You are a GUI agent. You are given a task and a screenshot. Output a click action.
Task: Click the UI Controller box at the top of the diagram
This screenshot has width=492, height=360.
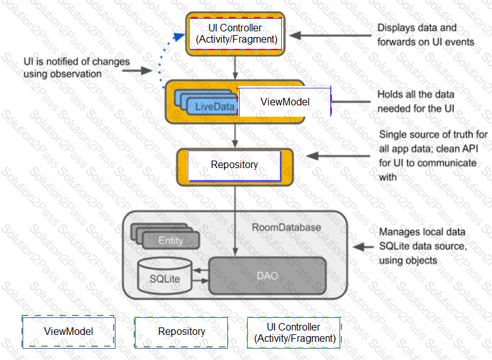[235, 34]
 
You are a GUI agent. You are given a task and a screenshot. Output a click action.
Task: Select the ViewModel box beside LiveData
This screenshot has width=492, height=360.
[285, 102]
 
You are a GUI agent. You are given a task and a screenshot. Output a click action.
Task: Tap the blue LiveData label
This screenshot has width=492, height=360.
[215, 107]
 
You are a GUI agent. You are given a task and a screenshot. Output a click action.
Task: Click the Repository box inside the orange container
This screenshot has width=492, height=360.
[234, 166]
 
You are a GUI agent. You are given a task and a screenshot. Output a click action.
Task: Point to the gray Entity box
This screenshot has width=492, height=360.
[171, 241]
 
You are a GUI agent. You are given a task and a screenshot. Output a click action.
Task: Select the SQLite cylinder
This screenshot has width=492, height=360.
[164, 276]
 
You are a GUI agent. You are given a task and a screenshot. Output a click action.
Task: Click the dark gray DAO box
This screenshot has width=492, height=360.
[267, 276]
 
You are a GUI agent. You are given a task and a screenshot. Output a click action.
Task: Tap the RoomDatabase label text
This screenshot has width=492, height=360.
[286, 227]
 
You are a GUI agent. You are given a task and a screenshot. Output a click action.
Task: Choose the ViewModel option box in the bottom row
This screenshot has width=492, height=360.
[68, 332]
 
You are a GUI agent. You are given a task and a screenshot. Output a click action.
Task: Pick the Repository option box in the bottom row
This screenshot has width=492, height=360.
[181, 332]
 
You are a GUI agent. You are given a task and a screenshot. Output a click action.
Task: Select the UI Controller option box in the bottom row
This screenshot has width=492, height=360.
[294, 332]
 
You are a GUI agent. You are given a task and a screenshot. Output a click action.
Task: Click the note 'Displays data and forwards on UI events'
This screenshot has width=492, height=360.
[425, 35]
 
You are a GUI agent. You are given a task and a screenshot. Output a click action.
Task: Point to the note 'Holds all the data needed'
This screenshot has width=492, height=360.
[415, 102]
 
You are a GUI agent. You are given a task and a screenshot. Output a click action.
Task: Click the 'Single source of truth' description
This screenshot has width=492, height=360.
[433, 156]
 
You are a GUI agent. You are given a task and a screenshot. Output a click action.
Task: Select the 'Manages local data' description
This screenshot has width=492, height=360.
[423, 246]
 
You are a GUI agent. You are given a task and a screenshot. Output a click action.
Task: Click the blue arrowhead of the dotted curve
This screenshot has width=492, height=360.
[179, 36]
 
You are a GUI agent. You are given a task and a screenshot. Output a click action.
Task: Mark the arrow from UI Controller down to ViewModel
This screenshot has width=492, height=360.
[235, 68]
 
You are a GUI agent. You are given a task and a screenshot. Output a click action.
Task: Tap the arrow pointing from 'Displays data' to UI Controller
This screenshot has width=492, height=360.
[330, 35]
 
